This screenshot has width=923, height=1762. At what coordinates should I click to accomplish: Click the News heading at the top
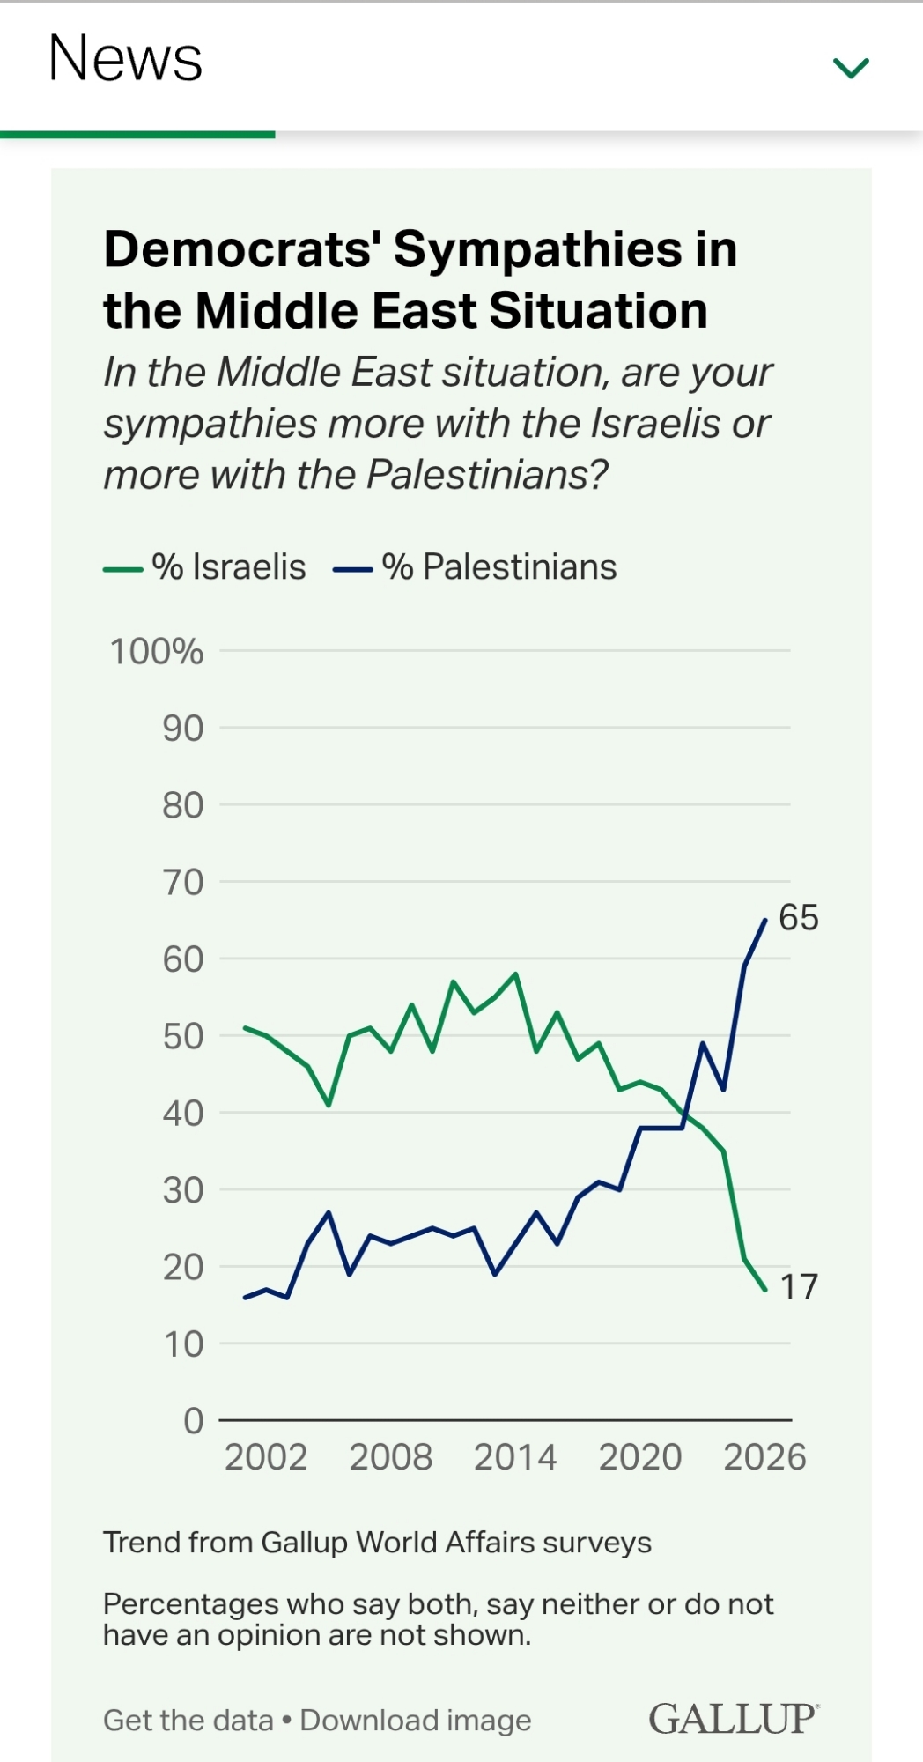[x=125, y=59]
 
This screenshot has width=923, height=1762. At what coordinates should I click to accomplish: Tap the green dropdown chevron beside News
[x=851, y=68]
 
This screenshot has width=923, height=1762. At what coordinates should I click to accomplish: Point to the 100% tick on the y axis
[x=157, y=652]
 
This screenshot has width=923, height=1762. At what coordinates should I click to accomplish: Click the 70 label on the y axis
[x=182, y=882]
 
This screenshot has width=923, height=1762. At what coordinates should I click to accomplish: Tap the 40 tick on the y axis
[x=182, y=1114]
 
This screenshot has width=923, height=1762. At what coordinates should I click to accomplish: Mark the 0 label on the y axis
[x=193, y=1421]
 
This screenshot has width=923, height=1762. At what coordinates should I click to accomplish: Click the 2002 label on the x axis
[x=266, y=1457]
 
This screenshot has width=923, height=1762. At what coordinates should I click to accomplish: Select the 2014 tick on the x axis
[x=515, y=1457]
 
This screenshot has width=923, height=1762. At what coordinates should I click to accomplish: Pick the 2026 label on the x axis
[x=764, y=1457]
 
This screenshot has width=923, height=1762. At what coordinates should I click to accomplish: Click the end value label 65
[x=799, y=918]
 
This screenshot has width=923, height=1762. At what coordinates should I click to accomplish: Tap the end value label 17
[x=799, y=1287]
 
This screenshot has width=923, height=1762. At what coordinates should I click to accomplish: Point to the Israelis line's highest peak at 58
[x=515, y=974]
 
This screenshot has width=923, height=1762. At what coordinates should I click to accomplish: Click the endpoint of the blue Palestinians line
[x=764, y=920]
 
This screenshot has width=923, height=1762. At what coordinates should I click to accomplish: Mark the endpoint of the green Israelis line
[x=764, y=1290]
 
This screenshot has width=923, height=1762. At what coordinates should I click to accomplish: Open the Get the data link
[x=188, y=1721]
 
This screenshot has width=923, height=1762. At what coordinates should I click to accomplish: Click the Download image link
[x=416, y=1721]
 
